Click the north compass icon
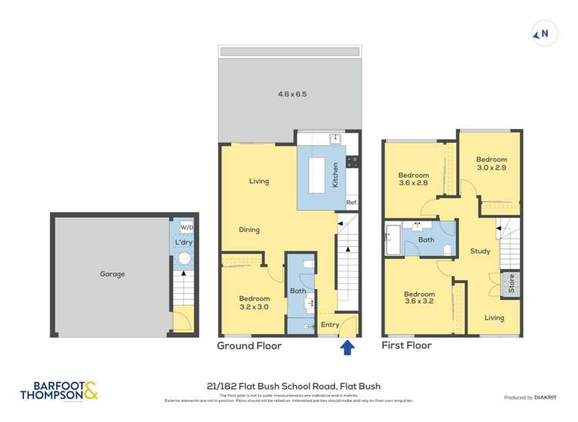pos(543,34)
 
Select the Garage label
pos(112,274)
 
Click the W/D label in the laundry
pos(186,228)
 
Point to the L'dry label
pos(183,243)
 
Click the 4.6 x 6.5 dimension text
pos(292,94)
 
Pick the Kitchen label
pos(335,176)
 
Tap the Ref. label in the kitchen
pos(351,203)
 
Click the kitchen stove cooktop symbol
pos(352,162)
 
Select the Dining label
pos(249,230)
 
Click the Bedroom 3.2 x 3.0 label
pos(254,303)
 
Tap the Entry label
pos(330,325)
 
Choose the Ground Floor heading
pos(249,346)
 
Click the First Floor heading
pos(407,346)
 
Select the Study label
pos(480,252)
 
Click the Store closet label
pos(509,285)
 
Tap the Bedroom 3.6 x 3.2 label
pos(419,299)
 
